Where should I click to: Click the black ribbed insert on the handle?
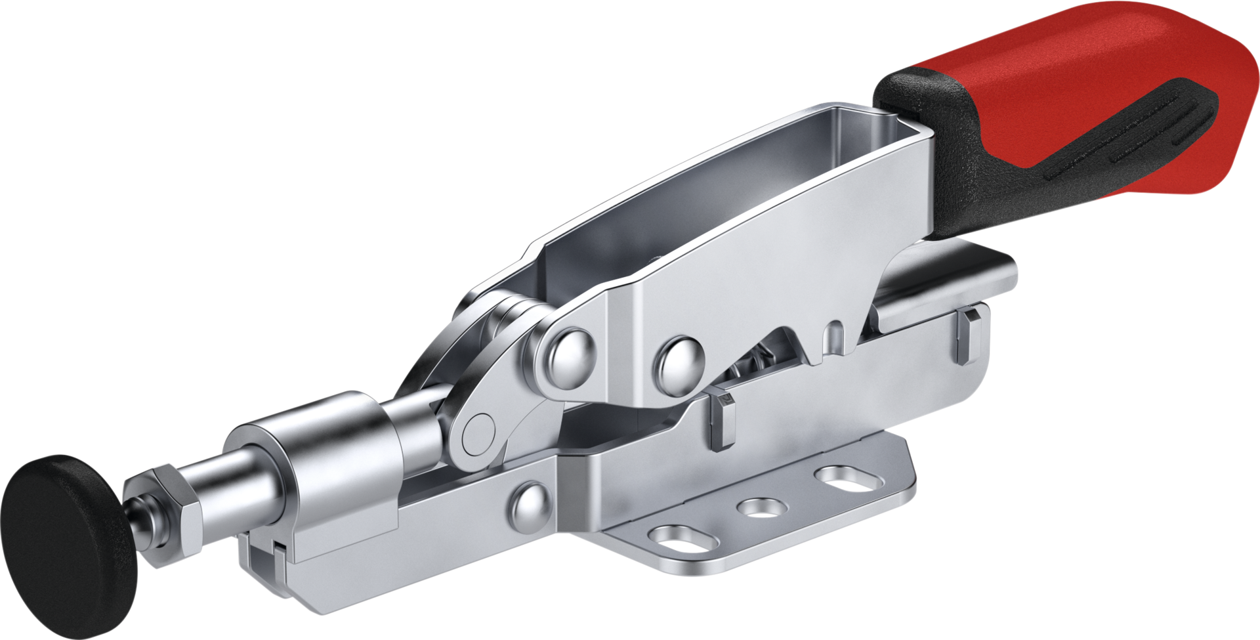click(x=1129, y=131)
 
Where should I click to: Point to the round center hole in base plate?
click(x=761, y=507)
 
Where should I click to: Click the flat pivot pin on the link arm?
click(x=478, y=434)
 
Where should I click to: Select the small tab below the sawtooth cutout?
click(x=722, y=420)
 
